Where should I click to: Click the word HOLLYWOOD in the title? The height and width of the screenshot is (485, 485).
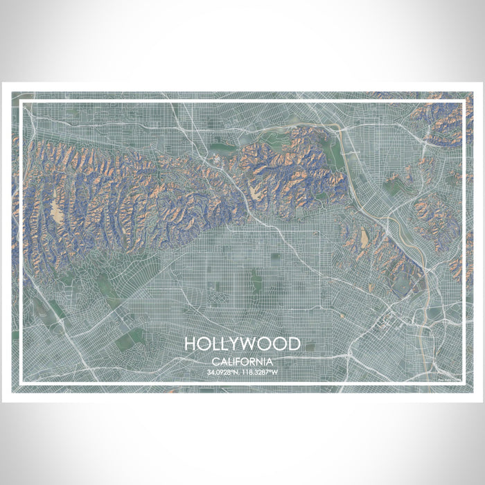[x=242, y=344]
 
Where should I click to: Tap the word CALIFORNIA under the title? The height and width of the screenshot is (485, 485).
[x=242, y=362]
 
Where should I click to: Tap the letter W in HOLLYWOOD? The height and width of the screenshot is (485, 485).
[x=251, y=344]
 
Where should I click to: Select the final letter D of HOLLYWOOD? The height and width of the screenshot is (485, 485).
[x=294, y=344]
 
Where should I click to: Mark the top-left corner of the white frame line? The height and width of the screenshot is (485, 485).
[x=21, y=102]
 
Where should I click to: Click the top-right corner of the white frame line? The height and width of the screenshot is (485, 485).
[x=464, y=102]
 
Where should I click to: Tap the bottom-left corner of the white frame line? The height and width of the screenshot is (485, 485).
[x=21, y=382]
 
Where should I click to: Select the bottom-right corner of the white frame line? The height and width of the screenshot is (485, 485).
[x=464, y=382]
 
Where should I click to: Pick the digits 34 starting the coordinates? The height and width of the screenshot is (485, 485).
[x=209, y=372]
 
